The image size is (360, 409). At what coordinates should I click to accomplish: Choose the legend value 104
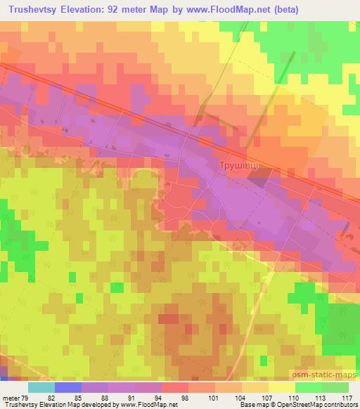(x=229, y=398)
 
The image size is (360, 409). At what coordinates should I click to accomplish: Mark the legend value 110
(x=282, y=398)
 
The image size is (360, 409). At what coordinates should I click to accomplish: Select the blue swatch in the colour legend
(x=68, y=387)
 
